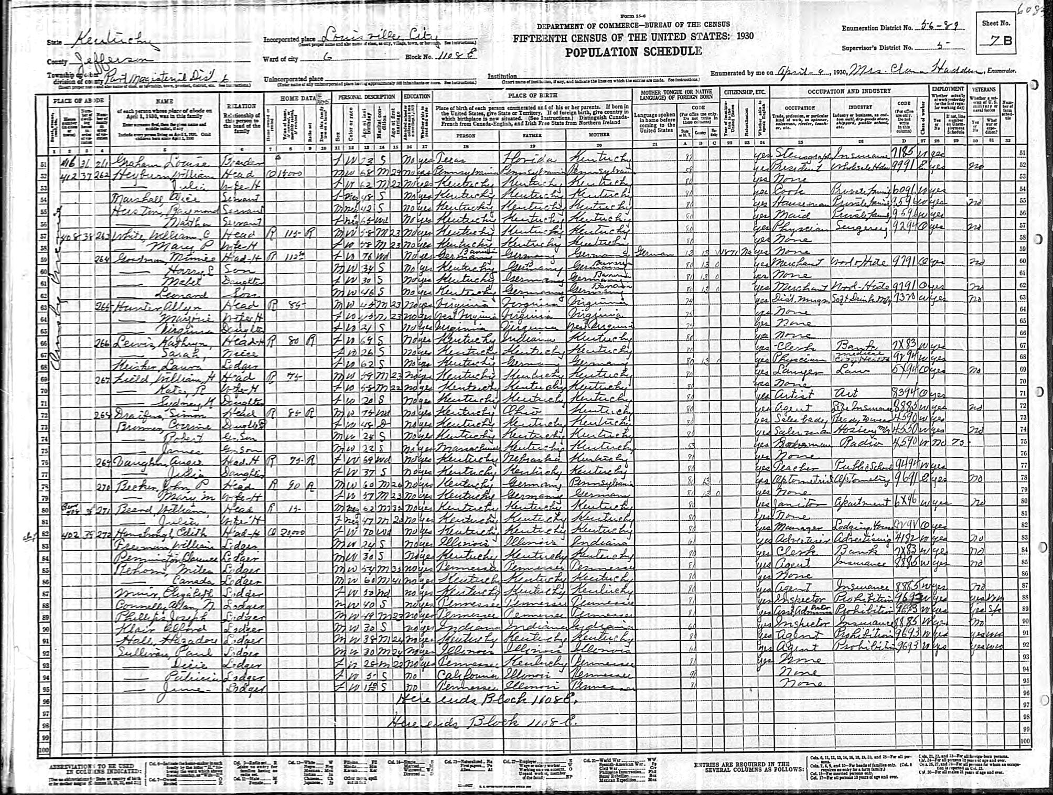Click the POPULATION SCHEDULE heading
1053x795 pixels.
[x=633, y=52]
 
